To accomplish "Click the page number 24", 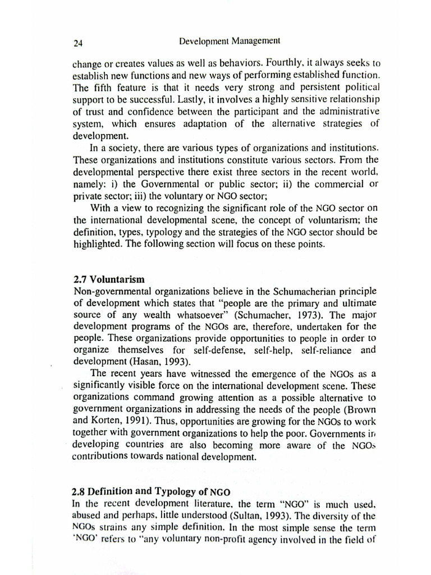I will [78, 42].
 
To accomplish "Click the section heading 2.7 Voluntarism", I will [109, 279].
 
